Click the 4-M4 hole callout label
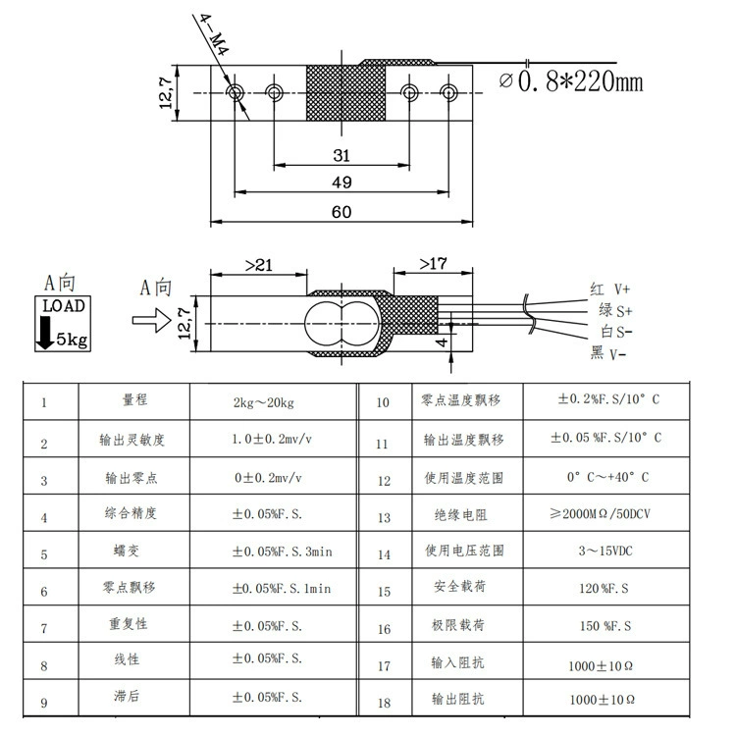[215, 35]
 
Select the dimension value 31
[342, 155]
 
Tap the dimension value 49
[342, 183]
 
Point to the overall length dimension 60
[342, 212]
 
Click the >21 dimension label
[259, 266]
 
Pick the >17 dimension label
[433, 264]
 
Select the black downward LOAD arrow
[45, 333]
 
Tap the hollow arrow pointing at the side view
[151, 320]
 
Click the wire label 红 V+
[609, 289]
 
